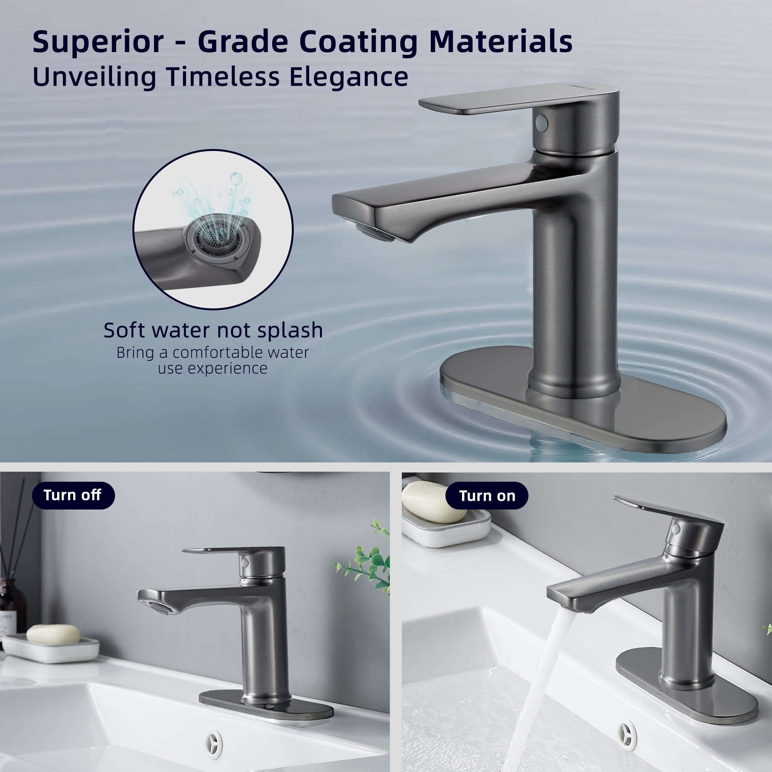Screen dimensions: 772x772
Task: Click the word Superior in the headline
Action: pyautogui.click(x=98, y=42)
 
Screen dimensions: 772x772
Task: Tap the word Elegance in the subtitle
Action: pyautogui.click(x=349, y=77)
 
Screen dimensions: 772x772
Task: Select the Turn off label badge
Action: pyautogui.click(x=73, y=496)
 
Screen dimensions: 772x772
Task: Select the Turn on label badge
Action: pyautogui.click(x=487, y=496)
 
